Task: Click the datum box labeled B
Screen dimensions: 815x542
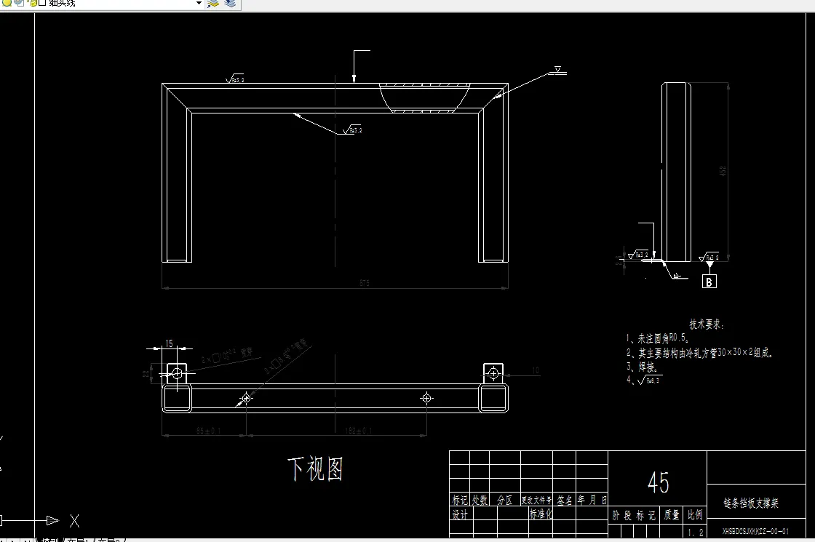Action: pos(709,282)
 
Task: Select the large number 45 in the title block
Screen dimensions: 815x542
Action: pos(658,482)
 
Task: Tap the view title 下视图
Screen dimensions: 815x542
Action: pos(315,469)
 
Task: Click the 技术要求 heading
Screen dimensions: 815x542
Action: pos(707,325)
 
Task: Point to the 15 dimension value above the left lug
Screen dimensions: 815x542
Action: pos(169,343)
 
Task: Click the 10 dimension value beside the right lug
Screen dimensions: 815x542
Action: pos(536,370)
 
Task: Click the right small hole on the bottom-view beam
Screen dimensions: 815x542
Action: pos(426,398)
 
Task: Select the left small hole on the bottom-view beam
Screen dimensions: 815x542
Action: pos(246,398)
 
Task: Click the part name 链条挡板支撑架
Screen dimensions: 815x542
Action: pos(751,503)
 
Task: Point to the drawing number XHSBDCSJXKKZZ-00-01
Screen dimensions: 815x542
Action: pos(755,532)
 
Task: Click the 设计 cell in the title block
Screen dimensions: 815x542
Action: pos(459,514)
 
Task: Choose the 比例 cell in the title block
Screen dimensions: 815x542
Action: pos(695,515)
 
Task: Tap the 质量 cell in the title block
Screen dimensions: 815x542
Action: pos(671,515)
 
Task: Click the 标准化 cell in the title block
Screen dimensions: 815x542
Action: pos(541,514)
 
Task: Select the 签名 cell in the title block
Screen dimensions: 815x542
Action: pos(565,501)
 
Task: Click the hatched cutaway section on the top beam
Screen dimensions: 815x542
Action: pos(425,97)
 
